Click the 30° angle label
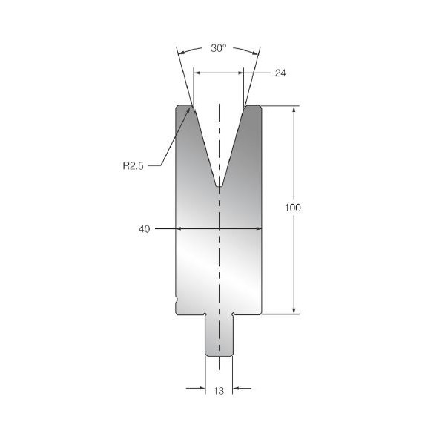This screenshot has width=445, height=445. (219, 48)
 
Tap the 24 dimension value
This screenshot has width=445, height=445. (280, 73)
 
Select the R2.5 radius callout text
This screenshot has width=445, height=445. (133, 165)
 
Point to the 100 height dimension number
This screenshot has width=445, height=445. (293, 208)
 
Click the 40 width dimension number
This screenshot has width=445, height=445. (145, 229)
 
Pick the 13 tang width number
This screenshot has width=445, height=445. (219, 391)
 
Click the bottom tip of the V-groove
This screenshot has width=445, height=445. (219, 186)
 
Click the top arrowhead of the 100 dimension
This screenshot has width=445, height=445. (294, 110)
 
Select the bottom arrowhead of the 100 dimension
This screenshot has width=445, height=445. (294, 310)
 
